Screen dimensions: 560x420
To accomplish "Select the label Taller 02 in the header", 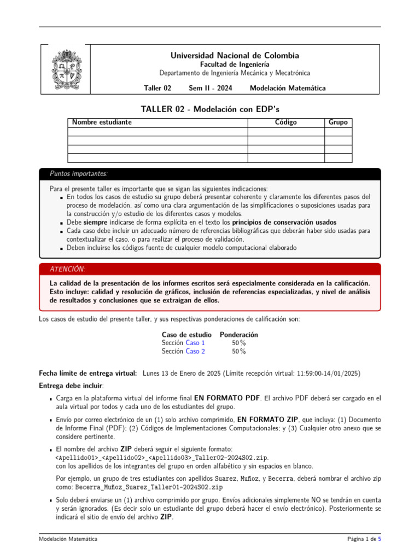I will [x=157, y=88].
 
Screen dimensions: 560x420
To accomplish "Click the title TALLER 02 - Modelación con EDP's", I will [x=210, y=110].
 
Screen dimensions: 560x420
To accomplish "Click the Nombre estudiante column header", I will [x=102, y=122].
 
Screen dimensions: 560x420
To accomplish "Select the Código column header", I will [x=285, y=122].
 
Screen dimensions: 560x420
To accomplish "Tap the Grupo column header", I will [x=338, y=122].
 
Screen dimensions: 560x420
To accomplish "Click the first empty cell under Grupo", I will [x=338, y=132].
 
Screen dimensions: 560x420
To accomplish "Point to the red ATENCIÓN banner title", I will [x=67, y=269].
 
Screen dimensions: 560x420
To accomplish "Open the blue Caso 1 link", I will [x=195, y=343].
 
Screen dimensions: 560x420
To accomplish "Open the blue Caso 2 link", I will [x=195, y=352].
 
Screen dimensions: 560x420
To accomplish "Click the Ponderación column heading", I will [x=239, y=334].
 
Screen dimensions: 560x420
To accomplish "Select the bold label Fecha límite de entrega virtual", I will [x=88, y=373].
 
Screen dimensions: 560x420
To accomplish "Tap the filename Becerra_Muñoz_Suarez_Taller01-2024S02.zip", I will [x=149, y=487].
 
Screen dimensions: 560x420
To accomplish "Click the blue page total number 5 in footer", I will [x=380, y=539].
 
